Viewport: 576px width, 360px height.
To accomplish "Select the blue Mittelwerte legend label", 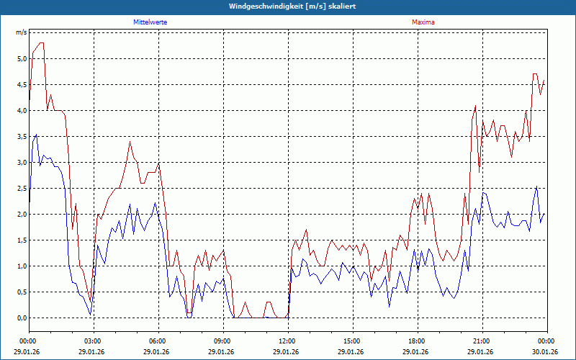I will [150, 22].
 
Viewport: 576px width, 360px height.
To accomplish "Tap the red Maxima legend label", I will [423, 22].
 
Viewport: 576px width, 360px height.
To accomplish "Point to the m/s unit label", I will [22, 32].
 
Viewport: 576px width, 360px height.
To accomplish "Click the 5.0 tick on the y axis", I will [22, 58].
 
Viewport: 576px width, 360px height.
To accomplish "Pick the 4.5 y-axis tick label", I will [22, 84].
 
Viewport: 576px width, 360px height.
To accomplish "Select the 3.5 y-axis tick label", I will [22, 136].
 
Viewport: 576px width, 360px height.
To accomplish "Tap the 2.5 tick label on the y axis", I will [22, 188].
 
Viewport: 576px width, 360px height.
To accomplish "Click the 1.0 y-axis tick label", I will [22, 266].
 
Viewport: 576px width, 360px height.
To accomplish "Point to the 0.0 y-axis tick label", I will [22, 318].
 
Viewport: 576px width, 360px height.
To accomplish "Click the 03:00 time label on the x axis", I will [93, 341].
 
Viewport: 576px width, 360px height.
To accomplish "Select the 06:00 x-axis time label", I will [158, 341].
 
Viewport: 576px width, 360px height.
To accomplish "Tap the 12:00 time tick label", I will [287, 341].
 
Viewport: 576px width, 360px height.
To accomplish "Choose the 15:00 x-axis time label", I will [352, 341].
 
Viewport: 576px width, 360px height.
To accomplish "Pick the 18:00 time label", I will [417, 341].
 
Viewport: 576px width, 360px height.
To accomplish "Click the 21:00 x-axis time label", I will [482, 341].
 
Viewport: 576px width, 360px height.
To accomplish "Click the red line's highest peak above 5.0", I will [41, 43].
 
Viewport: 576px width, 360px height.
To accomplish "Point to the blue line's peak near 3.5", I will [36, 135].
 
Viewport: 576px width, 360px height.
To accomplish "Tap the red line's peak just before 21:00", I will [475, 106].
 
